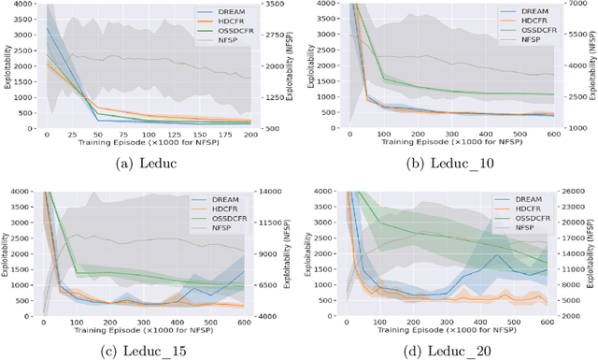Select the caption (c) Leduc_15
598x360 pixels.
pyautogui.click(x=149, y=350)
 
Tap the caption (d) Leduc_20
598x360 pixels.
pyautogui.click(x=448, y=350)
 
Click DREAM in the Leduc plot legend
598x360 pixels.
pyautogui.click(x=221, y=12)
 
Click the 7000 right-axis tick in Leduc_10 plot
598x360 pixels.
pyautogui.click(x=571, y=5)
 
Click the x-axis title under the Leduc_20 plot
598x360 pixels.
pyautogui.click(x=448, y=332)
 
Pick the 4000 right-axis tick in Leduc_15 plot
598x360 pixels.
pyautogui.click(x=273, y=316)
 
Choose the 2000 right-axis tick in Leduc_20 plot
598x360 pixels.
pyautogui.click(x=571, y=316)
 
